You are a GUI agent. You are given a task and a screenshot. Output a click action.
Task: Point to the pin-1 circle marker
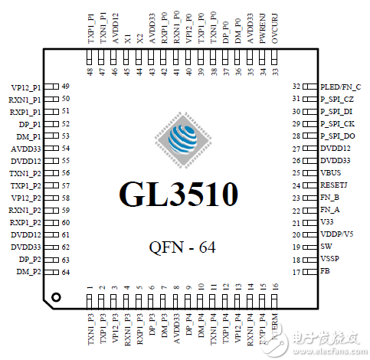click(56, 296)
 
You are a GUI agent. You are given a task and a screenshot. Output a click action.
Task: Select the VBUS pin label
click(332, 173)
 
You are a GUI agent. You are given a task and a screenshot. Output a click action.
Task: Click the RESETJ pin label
click(336, 185)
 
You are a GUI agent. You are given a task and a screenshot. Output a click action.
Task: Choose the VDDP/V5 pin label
click(338, 234)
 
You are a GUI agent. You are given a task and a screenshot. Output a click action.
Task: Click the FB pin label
click(326, 271)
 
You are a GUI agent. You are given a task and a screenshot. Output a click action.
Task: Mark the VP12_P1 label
click(28, 87)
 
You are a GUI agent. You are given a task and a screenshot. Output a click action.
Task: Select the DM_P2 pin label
click(29, 271)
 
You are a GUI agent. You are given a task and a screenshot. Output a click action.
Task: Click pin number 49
click(66, 87)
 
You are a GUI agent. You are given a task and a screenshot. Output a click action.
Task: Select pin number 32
click(296, 87)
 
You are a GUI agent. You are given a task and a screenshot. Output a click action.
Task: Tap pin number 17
click(296, 271)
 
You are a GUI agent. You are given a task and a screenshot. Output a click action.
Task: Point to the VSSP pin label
click(330, 259)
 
